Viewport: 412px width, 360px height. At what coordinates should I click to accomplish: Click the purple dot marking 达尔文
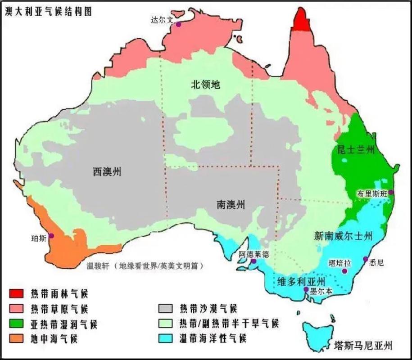pos(178,25)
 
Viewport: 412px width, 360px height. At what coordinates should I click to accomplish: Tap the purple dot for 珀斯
pos(51,235)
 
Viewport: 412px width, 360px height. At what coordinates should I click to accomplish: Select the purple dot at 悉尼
pos(366,259)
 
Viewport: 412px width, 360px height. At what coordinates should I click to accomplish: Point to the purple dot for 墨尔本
pos(306,289)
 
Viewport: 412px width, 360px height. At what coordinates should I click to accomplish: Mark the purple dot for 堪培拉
pos(344,271)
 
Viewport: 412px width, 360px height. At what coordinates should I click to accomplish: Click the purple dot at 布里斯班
pos(391,192)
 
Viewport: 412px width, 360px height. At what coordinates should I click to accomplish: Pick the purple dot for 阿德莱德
pos(254,261)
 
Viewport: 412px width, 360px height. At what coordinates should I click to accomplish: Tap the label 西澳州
pos(107,171)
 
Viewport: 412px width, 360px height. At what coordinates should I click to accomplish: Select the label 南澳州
pos(231,205)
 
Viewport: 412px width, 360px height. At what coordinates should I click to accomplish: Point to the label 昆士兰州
pos(356,150)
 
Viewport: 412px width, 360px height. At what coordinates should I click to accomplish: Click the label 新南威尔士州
pos(344,235)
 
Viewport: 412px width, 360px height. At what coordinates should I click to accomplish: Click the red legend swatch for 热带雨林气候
pos(17,294)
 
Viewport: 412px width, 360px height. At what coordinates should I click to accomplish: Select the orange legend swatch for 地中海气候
pos(17,338)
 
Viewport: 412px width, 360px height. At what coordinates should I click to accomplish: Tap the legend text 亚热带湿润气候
pos(63,324)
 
